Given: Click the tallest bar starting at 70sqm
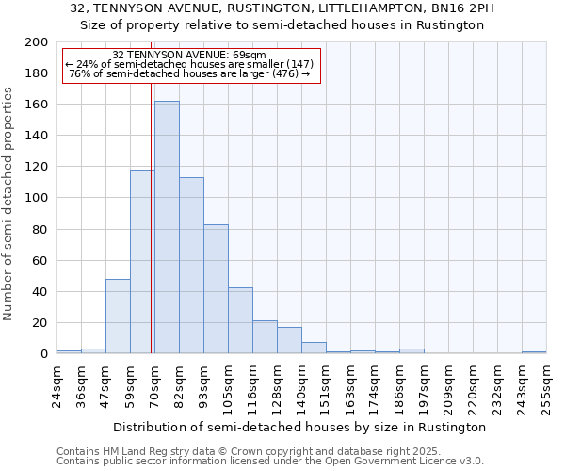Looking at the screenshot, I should [x=167, y=227].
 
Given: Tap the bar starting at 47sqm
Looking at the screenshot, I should [x=118, y=316].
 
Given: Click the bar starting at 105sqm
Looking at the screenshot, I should [x=240, y=320].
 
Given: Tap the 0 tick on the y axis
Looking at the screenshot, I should [x=44, y=354].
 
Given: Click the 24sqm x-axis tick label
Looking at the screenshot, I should [x=56, y=385].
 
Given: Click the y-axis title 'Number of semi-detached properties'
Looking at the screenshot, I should [x=9, y=203].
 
